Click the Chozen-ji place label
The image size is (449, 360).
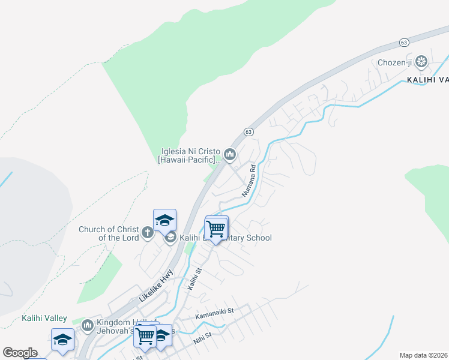(x=396, y=62)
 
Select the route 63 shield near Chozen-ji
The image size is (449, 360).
(x=404, y=43)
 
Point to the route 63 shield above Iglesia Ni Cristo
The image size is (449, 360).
(x=249, y=131)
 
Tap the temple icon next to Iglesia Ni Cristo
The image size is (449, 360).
(x=230, y=155)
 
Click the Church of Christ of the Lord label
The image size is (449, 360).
(x=109, y=233)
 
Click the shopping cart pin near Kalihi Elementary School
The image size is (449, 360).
(x=216, y=229)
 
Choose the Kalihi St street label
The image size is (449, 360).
(x=195, y=280)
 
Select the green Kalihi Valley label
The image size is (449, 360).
(x=44, y=318)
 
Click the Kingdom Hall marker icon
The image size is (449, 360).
(x=88, y=325)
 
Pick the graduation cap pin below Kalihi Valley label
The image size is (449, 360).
(x=62, y=340)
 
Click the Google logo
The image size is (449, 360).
(x=20, y=353)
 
